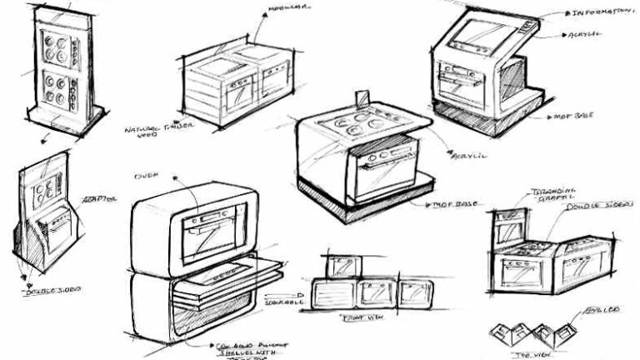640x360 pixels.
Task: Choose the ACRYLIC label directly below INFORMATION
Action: point(583,36)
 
